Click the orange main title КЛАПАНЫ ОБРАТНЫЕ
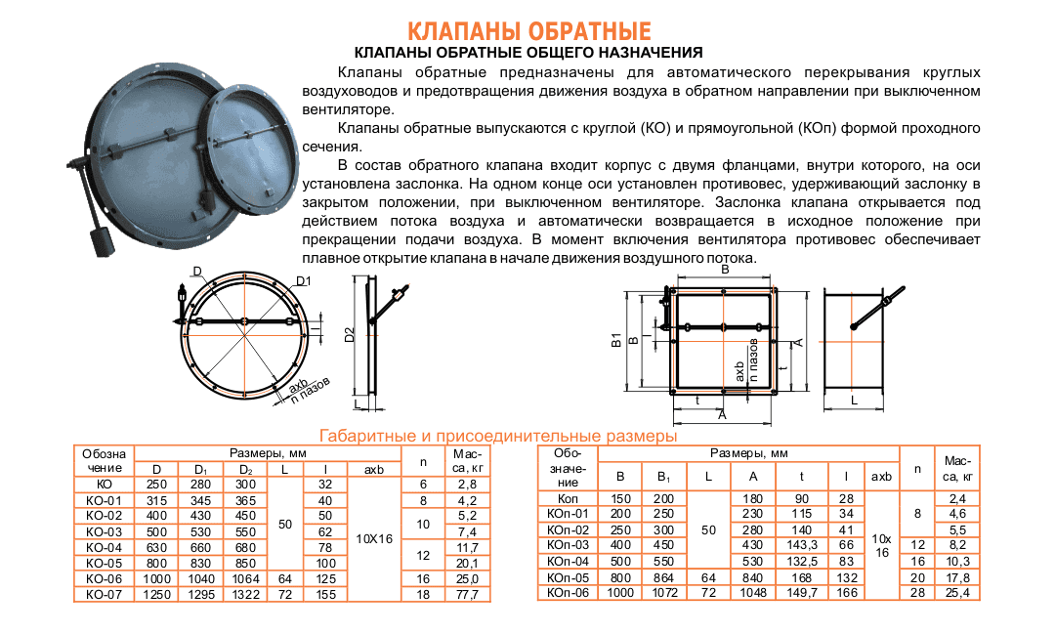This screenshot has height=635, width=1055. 528,32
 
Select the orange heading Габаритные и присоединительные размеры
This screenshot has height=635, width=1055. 498,435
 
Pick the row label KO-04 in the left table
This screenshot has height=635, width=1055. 104,547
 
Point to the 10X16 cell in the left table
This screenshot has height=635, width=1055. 376,537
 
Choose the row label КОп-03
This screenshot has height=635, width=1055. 569,544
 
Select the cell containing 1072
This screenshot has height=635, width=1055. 663,592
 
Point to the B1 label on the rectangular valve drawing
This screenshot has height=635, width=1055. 616,340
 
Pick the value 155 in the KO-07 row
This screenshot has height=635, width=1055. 325,593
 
